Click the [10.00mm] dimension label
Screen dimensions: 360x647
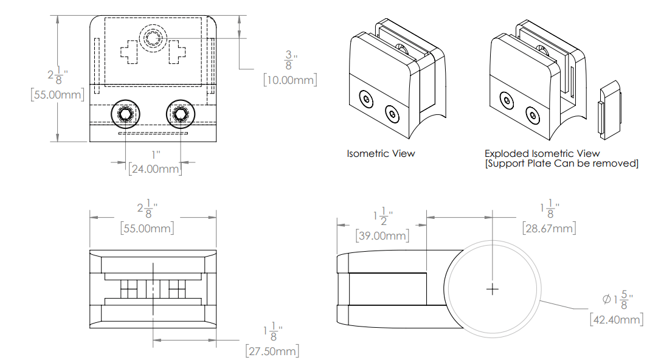[x=289, y=80]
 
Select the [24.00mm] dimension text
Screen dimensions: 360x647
[x=155, y=168]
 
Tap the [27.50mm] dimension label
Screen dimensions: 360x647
[x=272, y=351]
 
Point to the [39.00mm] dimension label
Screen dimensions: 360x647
[x=382, y=235]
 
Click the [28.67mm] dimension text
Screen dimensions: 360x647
[x=549, y=228]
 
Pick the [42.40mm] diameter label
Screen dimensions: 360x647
[x=616, y=319]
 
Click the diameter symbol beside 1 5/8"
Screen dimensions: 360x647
[x=606, y=299]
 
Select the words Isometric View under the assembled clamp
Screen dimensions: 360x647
[x=381, y=153]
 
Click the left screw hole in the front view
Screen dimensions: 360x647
[x=125, y=114]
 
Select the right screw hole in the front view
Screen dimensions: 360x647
[x=181, y=114]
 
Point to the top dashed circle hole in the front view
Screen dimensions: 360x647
[x=152, y=38]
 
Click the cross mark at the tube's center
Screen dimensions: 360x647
[x=492, y=289]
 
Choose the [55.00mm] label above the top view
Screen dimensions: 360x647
[x=148, y=229]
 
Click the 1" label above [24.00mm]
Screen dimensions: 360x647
[x=156, y=155]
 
